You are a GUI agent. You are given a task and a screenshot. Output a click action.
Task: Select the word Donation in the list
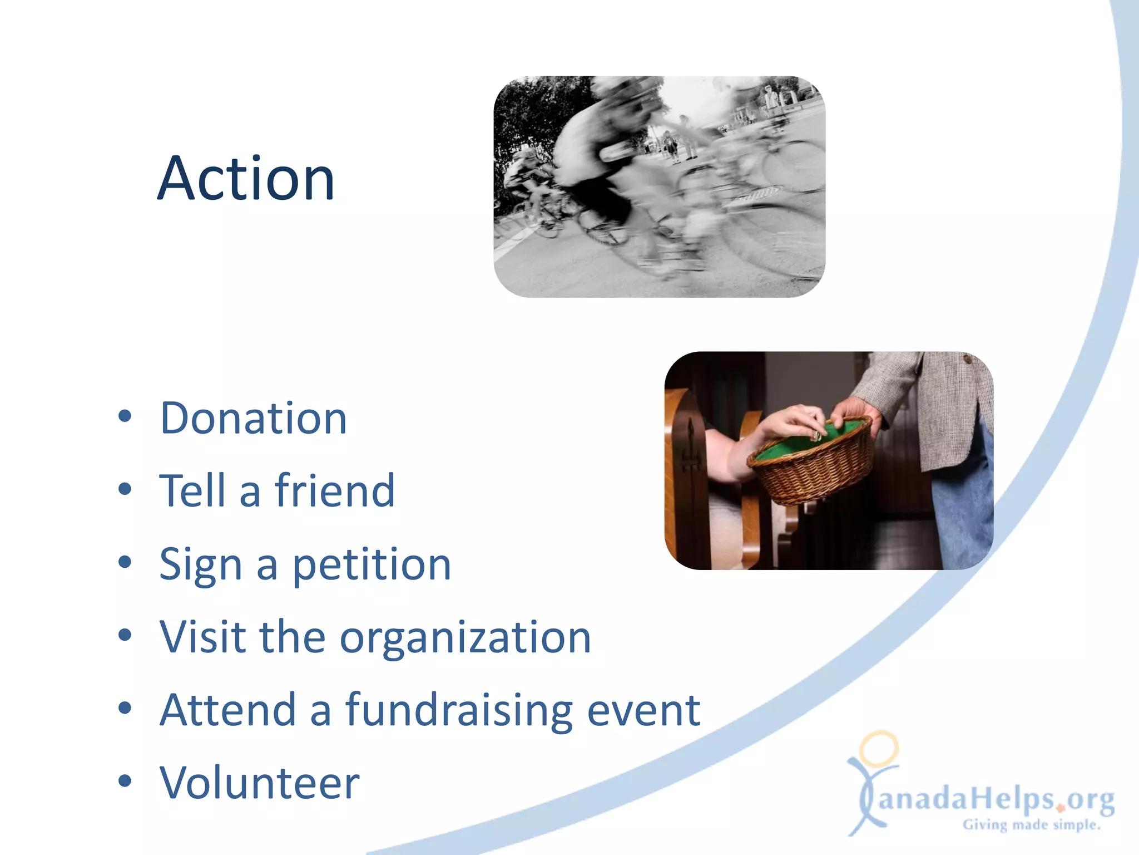(x=253, y=419)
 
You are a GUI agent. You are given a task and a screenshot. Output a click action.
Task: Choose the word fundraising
(x=459, y=711)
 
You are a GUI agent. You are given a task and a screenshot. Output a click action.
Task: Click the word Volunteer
(x=259, y=783)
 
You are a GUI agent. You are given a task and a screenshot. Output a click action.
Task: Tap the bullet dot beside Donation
(x=125, y=416)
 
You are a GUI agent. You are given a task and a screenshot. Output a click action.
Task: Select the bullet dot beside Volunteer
(x=125, y=781)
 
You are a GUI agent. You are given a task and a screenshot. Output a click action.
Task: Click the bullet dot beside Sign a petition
(x=125, y=562)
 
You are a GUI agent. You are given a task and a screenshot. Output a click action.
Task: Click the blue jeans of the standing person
(x=962, y=512)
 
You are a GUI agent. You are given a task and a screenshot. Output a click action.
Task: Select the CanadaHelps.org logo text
(x=996, y=799)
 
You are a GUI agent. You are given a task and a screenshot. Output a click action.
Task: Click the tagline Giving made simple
(x=1032, y=825)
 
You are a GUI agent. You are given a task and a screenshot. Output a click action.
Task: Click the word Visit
(x=202, y=637)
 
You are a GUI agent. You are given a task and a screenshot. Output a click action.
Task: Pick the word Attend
(x=227, y=710)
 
